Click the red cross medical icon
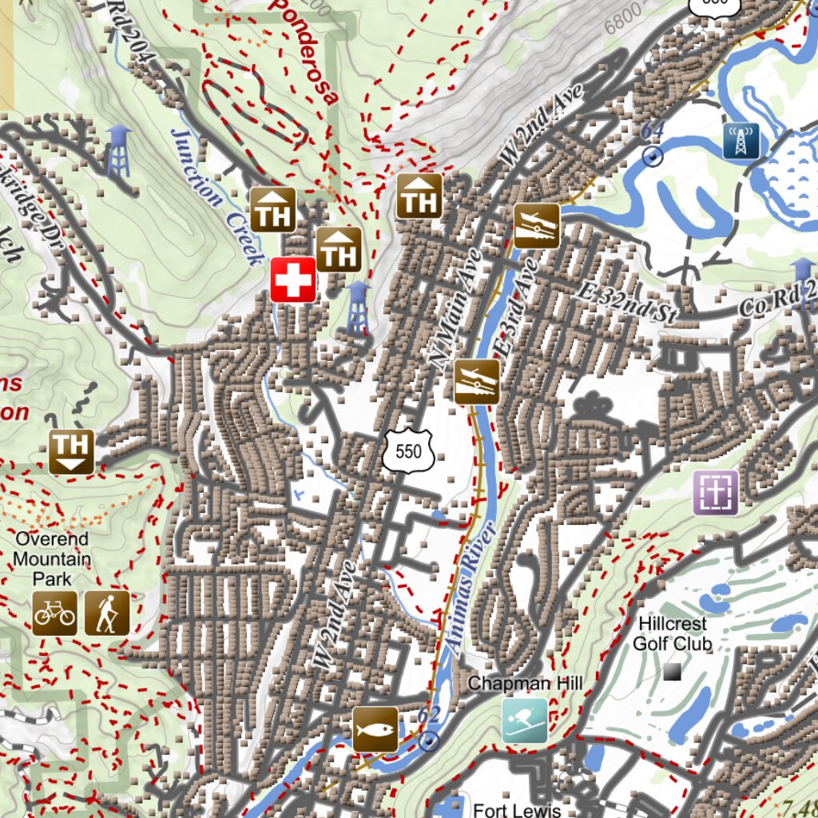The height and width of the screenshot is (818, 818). coord(292,280)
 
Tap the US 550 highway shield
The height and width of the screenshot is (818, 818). coord(407,451)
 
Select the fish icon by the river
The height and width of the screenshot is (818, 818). coord(375,729)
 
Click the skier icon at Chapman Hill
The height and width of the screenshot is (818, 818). coord(525,721)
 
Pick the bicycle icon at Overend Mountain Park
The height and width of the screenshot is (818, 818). coord(55,613)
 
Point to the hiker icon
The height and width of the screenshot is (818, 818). coord(106,613)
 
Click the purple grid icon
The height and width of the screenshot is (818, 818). coord(715,492)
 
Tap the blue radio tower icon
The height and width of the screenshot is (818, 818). coord(741,141)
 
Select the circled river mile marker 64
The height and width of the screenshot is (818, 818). coord(653,156)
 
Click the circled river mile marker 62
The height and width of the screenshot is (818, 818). coord(430,741)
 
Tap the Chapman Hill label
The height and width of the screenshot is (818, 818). coord(525,683)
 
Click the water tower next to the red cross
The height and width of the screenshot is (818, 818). coord(358,307)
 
